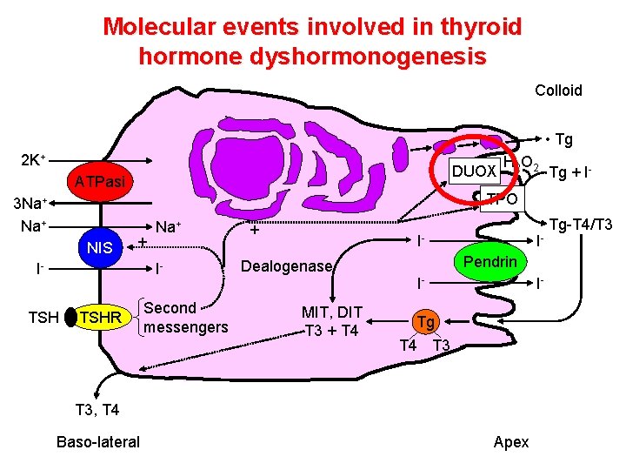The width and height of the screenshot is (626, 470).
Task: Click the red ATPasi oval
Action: (x=100, y=182)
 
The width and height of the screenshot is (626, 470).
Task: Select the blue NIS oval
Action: (x=100, y=248)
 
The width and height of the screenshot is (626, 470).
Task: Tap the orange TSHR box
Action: (x=100, y=319)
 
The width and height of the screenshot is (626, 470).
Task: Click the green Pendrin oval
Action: (x=489, y=262)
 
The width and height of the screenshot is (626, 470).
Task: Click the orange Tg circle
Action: (x=424, y=323)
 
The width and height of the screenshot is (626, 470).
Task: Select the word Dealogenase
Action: (x=286, y=266)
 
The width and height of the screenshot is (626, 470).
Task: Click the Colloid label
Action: (x=558, y=91)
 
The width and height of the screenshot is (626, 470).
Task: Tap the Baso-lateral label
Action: (x=97, y=442)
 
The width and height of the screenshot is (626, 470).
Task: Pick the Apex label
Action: (x=510, y=442)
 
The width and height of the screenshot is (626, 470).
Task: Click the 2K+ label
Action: (x=33, y=161)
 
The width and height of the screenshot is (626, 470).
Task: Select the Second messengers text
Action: (x=185, y=318)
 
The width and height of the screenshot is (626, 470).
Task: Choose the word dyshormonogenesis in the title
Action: (x=312, y=57)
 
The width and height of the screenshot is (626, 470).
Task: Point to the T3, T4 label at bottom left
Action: (x=97, y=409)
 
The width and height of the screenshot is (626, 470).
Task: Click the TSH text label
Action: (x=43, y=319)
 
